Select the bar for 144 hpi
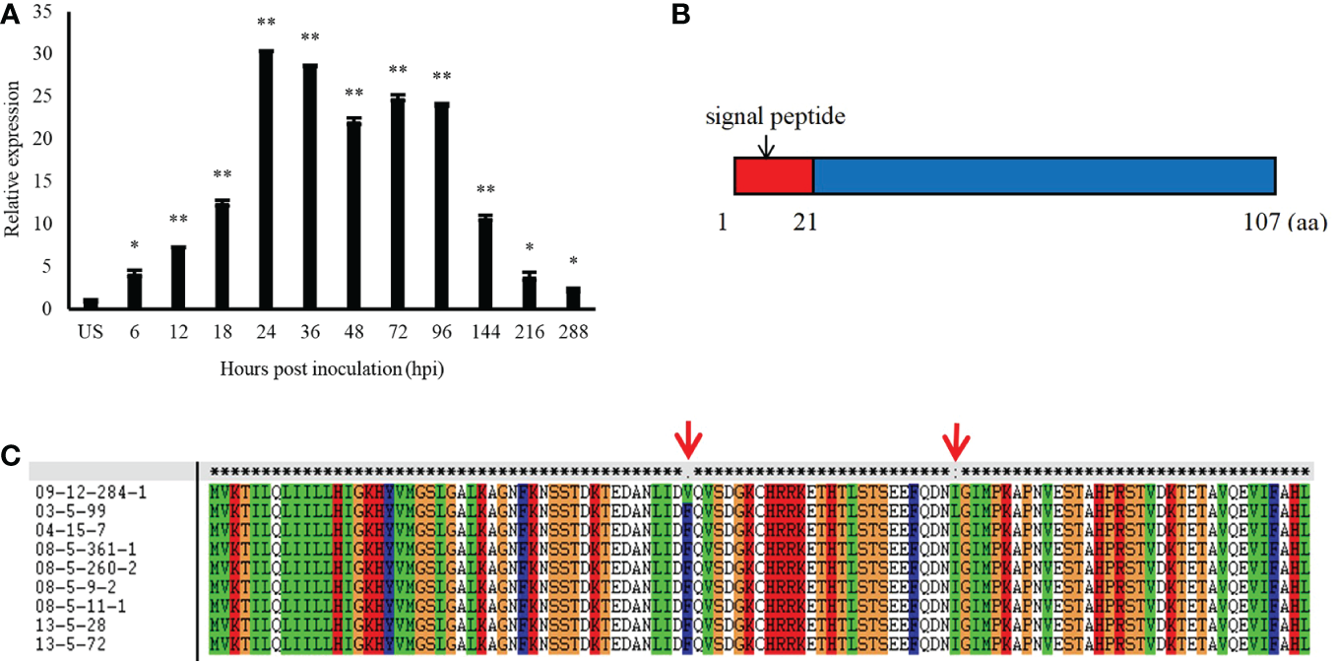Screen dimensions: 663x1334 coord(484,262)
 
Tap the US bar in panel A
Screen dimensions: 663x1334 coord(91,303)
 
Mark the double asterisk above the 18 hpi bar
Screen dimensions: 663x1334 coord(222,175)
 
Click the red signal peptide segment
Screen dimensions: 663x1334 coord(774,175)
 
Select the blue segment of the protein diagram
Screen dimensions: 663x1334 coord(1044,175)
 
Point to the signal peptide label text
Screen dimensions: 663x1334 coord(776,117)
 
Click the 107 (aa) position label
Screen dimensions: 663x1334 coord(1285,225)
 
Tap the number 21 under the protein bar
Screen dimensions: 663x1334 coord(803,225)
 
